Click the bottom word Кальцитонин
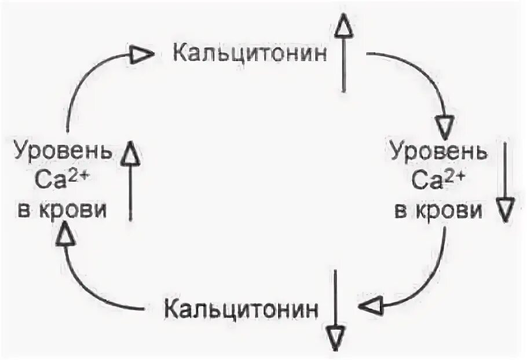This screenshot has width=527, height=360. click(241, 308)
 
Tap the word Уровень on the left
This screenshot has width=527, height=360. click(61, 152)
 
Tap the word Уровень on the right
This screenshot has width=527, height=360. click(438, 152)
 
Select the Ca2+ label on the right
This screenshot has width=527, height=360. click(438, 181)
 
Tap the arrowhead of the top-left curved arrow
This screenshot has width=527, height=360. click(141, 55)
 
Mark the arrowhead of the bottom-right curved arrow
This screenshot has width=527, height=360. click(376, 305)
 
